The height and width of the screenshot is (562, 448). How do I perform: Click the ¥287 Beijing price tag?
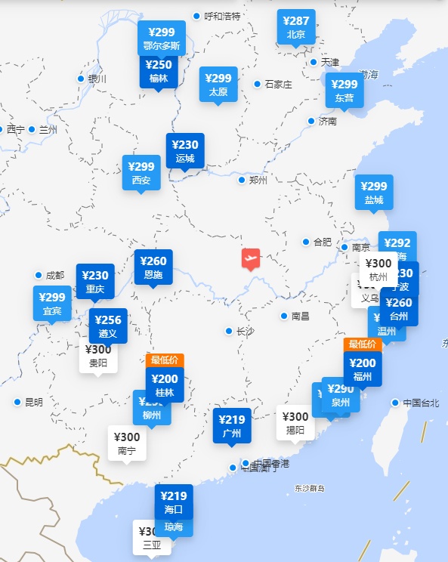point(296,26)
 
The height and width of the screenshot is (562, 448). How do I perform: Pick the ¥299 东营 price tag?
point(344,90)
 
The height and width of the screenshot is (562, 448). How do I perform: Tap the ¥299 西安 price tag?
point(141,173)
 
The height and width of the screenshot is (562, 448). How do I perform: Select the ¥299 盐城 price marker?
point(374,193)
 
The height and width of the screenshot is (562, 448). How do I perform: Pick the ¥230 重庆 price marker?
point(95,281)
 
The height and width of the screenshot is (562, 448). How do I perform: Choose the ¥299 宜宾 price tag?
point(52,303)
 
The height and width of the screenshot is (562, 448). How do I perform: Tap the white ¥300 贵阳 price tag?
point(98,355)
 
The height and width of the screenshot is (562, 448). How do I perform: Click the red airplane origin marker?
point(251,258)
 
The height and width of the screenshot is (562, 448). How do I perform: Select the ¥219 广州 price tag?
point(232,426)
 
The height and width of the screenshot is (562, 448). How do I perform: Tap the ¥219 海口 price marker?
point(174,502)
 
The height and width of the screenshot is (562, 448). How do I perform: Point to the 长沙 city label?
point(245,331)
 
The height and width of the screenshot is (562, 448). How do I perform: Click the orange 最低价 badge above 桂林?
point(165,360)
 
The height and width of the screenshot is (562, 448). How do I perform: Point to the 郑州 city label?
point(258,180)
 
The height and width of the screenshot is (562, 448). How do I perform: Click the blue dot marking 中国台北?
point(395,403)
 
